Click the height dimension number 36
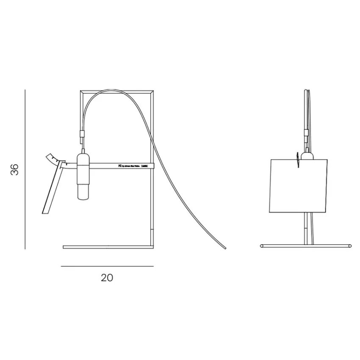[x=15, y=169]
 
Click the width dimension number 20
[x=107, y=278]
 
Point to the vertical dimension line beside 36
[x=25, y=169]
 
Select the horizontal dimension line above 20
[x=107, y=266]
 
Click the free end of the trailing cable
[x=225, y=248]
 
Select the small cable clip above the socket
[x=82, y=136]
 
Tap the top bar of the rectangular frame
[x=118, y=90]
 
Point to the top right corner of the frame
[x=153, y=91]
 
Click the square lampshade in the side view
[x=299, y=185]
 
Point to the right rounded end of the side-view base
[x=349, y=245]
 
